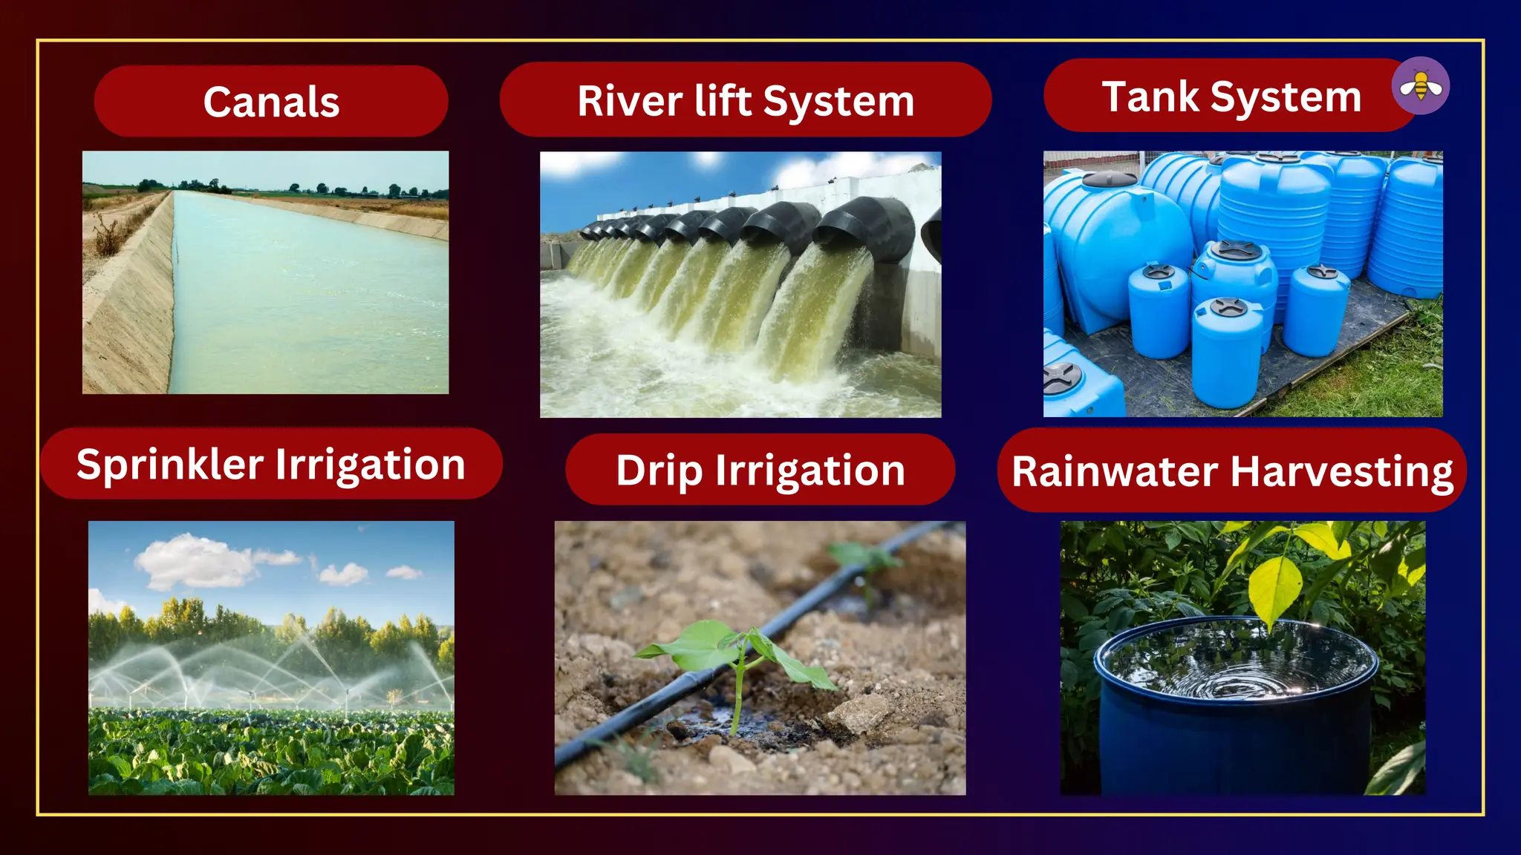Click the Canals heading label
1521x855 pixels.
pos(271,102)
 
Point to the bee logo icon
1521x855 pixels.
pos(1420,86)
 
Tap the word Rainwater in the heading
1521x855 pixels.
pos(1114,471)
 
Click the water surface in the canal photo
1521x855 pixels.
pos(297,297)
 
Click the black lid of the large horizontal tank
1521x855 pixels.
pos(1109,179)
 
